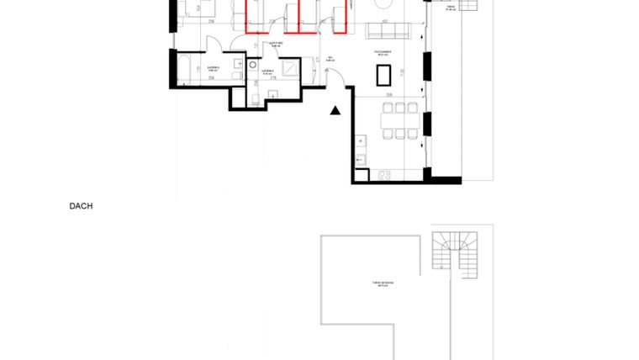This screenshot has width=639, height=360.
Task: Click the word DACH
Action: (x=81, y=204)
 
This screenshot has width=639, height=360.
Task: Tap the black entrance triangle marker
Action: (x=335, y=109)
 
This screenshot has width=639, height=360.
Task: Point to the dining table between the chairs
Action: (x=400, y=119)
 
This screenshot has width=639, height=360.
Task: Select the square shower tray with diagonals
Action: (x=290, y=68)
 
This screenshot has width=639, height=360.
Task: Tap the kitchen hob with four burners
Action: (x=385, y=175)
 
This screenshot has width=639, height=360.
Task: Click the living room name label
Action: (x=385, y=52)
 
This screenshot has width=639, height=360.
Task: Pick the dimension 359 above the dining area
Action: (x=389, y=95)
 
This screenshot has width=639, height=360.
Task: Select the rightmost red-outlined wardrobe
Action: (x=341, y=17)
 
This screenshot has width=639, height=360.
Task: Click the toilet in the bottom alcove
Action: (x=253, y=99)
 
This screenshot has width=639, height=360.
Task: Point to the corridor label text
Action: (x=274, y=45)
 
